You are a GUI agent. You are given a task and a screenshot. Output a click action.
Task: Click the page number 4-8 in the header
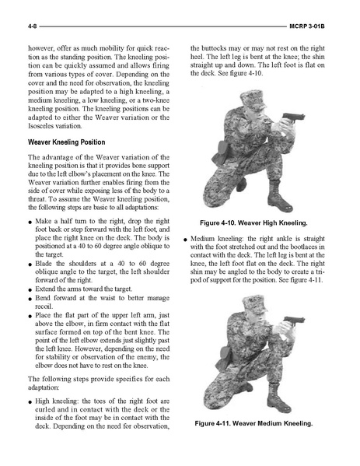32,26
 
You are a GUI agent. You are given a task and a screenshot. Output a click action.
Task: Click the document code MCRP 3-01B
307,26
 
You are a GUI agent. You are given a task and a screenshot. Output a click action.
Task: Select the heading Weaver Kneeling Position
67,142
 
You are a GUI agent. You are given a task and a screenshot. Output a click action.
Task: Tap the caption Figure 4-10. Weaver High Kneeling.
253,222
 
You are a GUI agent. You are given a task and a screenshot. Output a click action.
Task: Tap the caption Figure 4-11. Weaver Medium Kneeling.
253,423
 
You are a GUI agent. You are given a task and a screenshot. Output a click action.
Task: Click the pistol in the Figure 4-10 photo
293,117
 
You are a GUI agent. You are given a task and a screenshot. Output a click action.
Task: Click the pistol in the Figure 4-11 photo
294,321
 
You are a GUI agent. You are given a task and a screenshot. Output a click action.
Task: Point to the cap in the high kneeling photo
253,100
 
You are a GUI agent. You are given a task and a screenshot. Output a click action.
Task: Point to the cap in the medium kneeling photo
254,303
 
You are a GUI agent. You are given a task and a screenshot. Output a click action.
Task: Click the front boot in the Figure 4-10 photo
279,197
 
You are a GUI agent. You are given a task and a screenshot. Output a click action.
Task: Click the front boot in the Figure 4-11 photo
278,398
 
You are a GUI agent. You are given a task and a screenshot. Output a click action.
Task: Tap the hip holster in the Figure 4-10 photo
219,152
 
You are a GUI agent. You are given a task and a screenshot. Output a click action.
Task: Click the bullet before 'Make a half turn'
30,222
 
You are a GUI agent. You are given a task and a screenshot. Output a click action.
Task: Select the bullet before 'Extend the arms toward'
30,289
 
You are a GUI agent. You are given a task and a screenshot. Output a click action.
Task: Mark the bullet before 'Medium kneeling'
185,240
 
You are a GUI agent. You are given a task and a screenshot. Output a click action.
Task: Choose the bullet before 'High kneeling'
30,402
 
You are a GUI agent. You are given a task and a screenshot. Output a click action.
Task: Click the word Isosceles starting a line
40,126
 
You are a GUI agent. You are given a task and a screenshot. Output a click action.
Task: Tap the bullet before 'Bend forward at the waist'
30,299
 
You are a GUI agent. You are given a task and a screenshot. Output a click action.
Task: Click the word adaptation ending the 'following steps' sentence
44,387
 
